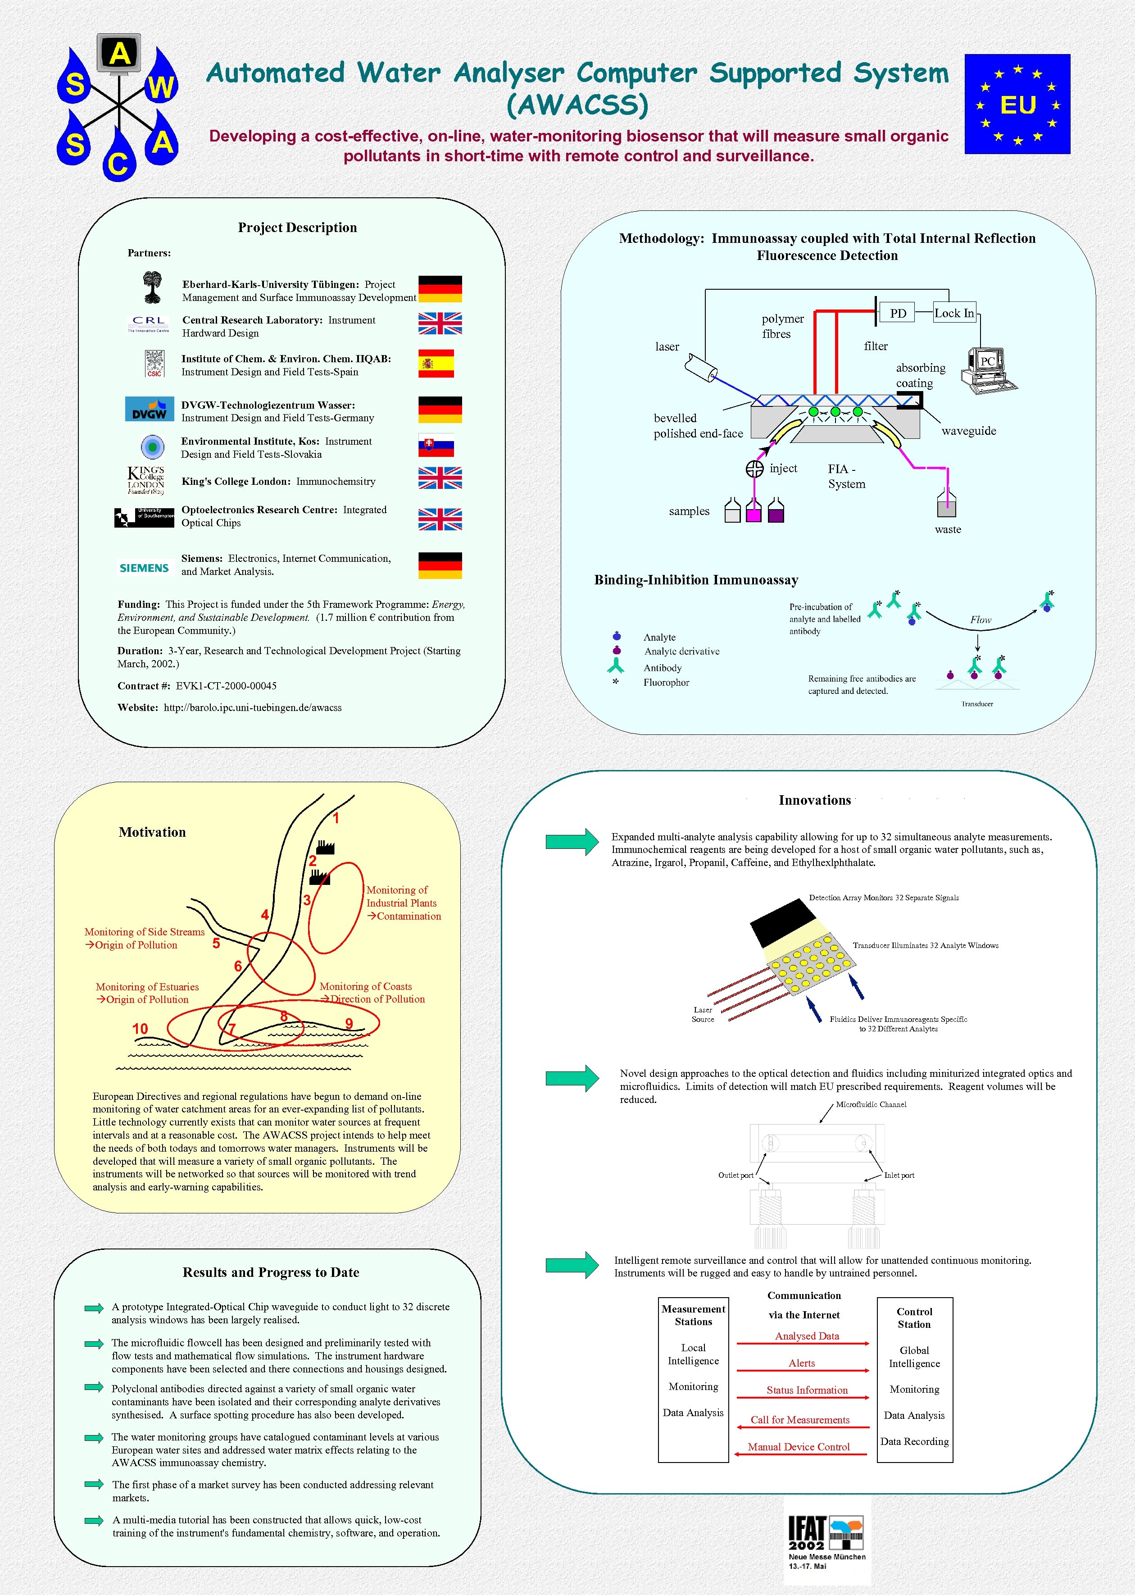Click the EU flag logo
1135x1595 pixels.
(x=1017, y=104)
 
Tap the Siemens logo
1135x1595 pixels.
(x=144, y=568)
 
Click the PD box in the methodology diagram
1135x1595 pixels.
(x=898, y=313)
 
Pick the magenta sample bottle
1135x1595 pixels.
(x=754, y=512)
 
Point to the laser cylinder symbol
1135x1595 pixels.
(x=701, y=367)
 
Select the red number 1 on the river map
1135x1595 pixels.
(x=336, y=819)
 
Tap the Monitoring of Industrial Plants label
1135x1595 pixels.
(x=403, y=903)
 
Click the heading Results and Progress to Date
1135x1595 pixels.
(x=271, y=1272)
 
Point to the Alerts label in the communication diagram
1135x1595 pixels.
(x=802, y=1363)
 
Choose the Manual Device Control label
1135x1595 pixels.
(x=799, y=1447)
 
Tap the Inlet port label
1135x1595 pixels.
(x=899, y=1175)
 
